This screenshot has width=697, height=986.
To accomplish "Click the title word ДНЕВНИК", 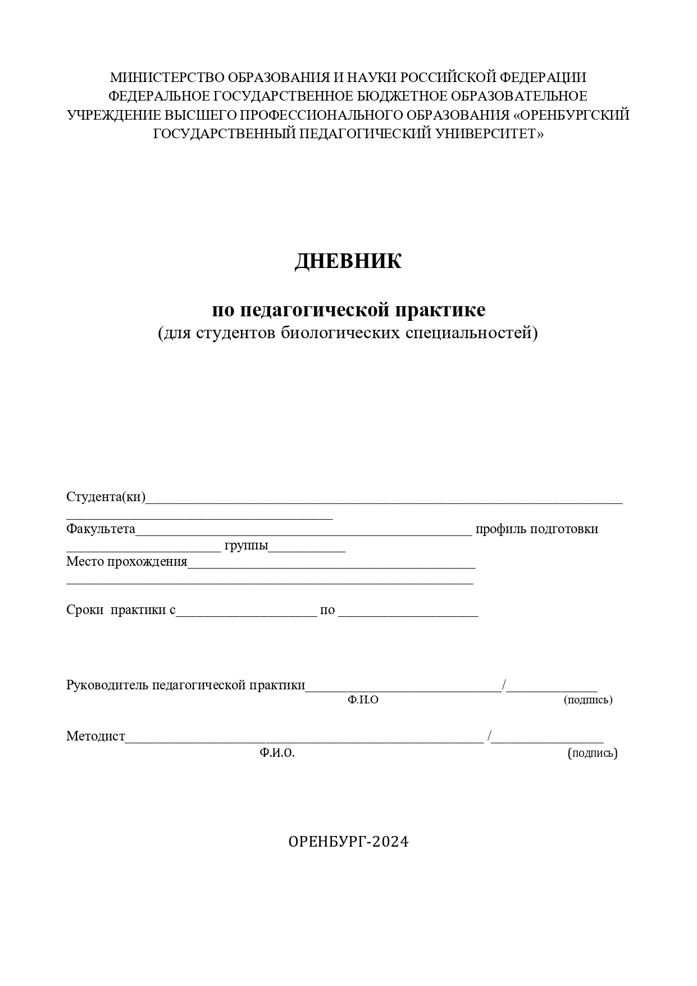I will pos(348,262).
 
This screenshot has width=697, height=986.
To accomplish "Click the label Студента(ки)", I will pos(106,497).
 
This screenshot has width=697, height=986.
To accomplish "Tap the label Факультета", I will pos(101,529).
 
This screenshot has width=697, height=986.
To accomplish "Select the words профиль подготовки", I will pos(536,529).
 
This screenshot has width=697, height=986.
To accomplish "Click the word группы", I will pos(245,546).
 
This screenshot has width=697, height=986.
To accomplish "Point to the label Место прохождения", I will pos(126,562).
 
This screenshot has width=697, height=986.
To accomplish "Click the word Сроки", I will pos(85,610).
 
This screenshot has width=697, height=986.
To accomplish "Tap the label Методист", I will pos(95,737).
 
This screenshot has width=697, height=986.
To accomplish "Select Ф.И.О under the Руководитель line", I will pos(363,700).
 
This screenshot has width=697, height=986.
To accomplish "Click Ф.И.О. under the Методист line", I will pos(277,753).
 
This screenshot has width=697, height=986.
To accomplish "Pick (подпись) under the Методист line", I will pos(593,753).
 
